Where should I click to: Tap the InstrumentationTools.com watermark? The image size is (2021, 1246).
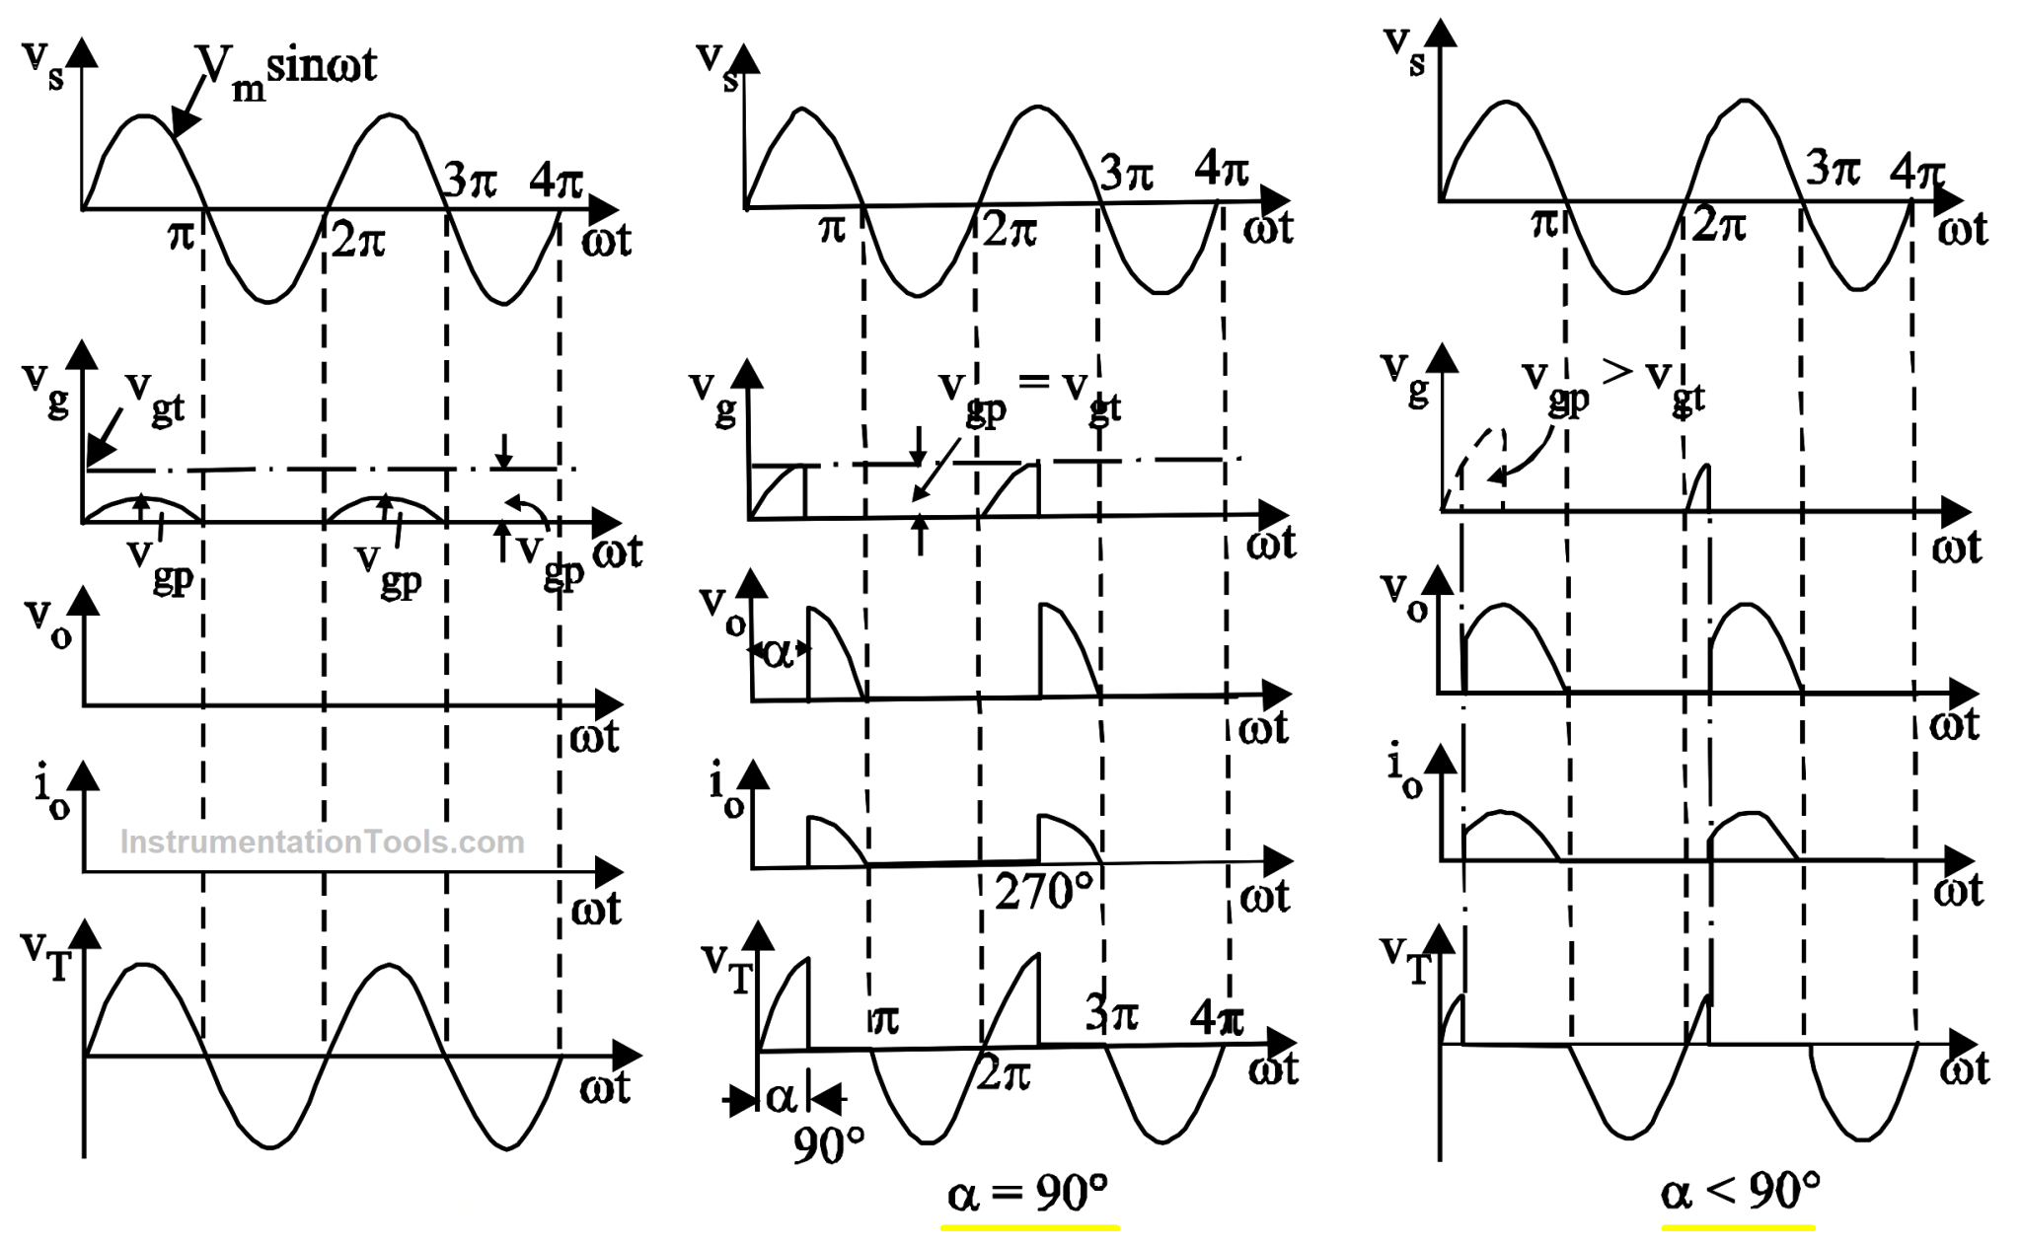[x=322, y=842]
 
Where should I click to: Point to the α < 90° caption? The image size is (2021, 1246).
[x=1740, y=1191]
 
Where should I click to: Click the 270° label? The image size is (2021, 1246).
[x=1043, y=892]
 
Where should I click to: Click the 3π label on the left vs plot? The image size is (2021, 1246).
[x=470, y=181]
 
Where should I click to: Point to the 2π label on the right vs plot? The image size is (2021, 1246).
[x=1718, y=226]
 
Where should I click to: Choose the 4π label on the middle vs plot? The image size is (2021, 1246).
[x=1222, y=170]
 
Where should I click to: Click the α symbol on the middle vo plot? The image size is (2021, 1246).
[x=779, y=653]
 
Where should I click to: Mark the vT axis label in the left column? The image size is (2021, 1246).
[x=45, y=955]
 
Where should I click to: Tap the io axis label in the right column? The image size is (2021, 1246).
[x=1404, y=773]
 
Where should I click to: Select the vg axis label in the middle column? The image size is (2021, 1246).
[x=713, y=397]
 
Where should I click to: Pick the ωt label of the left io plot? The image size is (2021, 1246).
[x=596, y=908]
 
